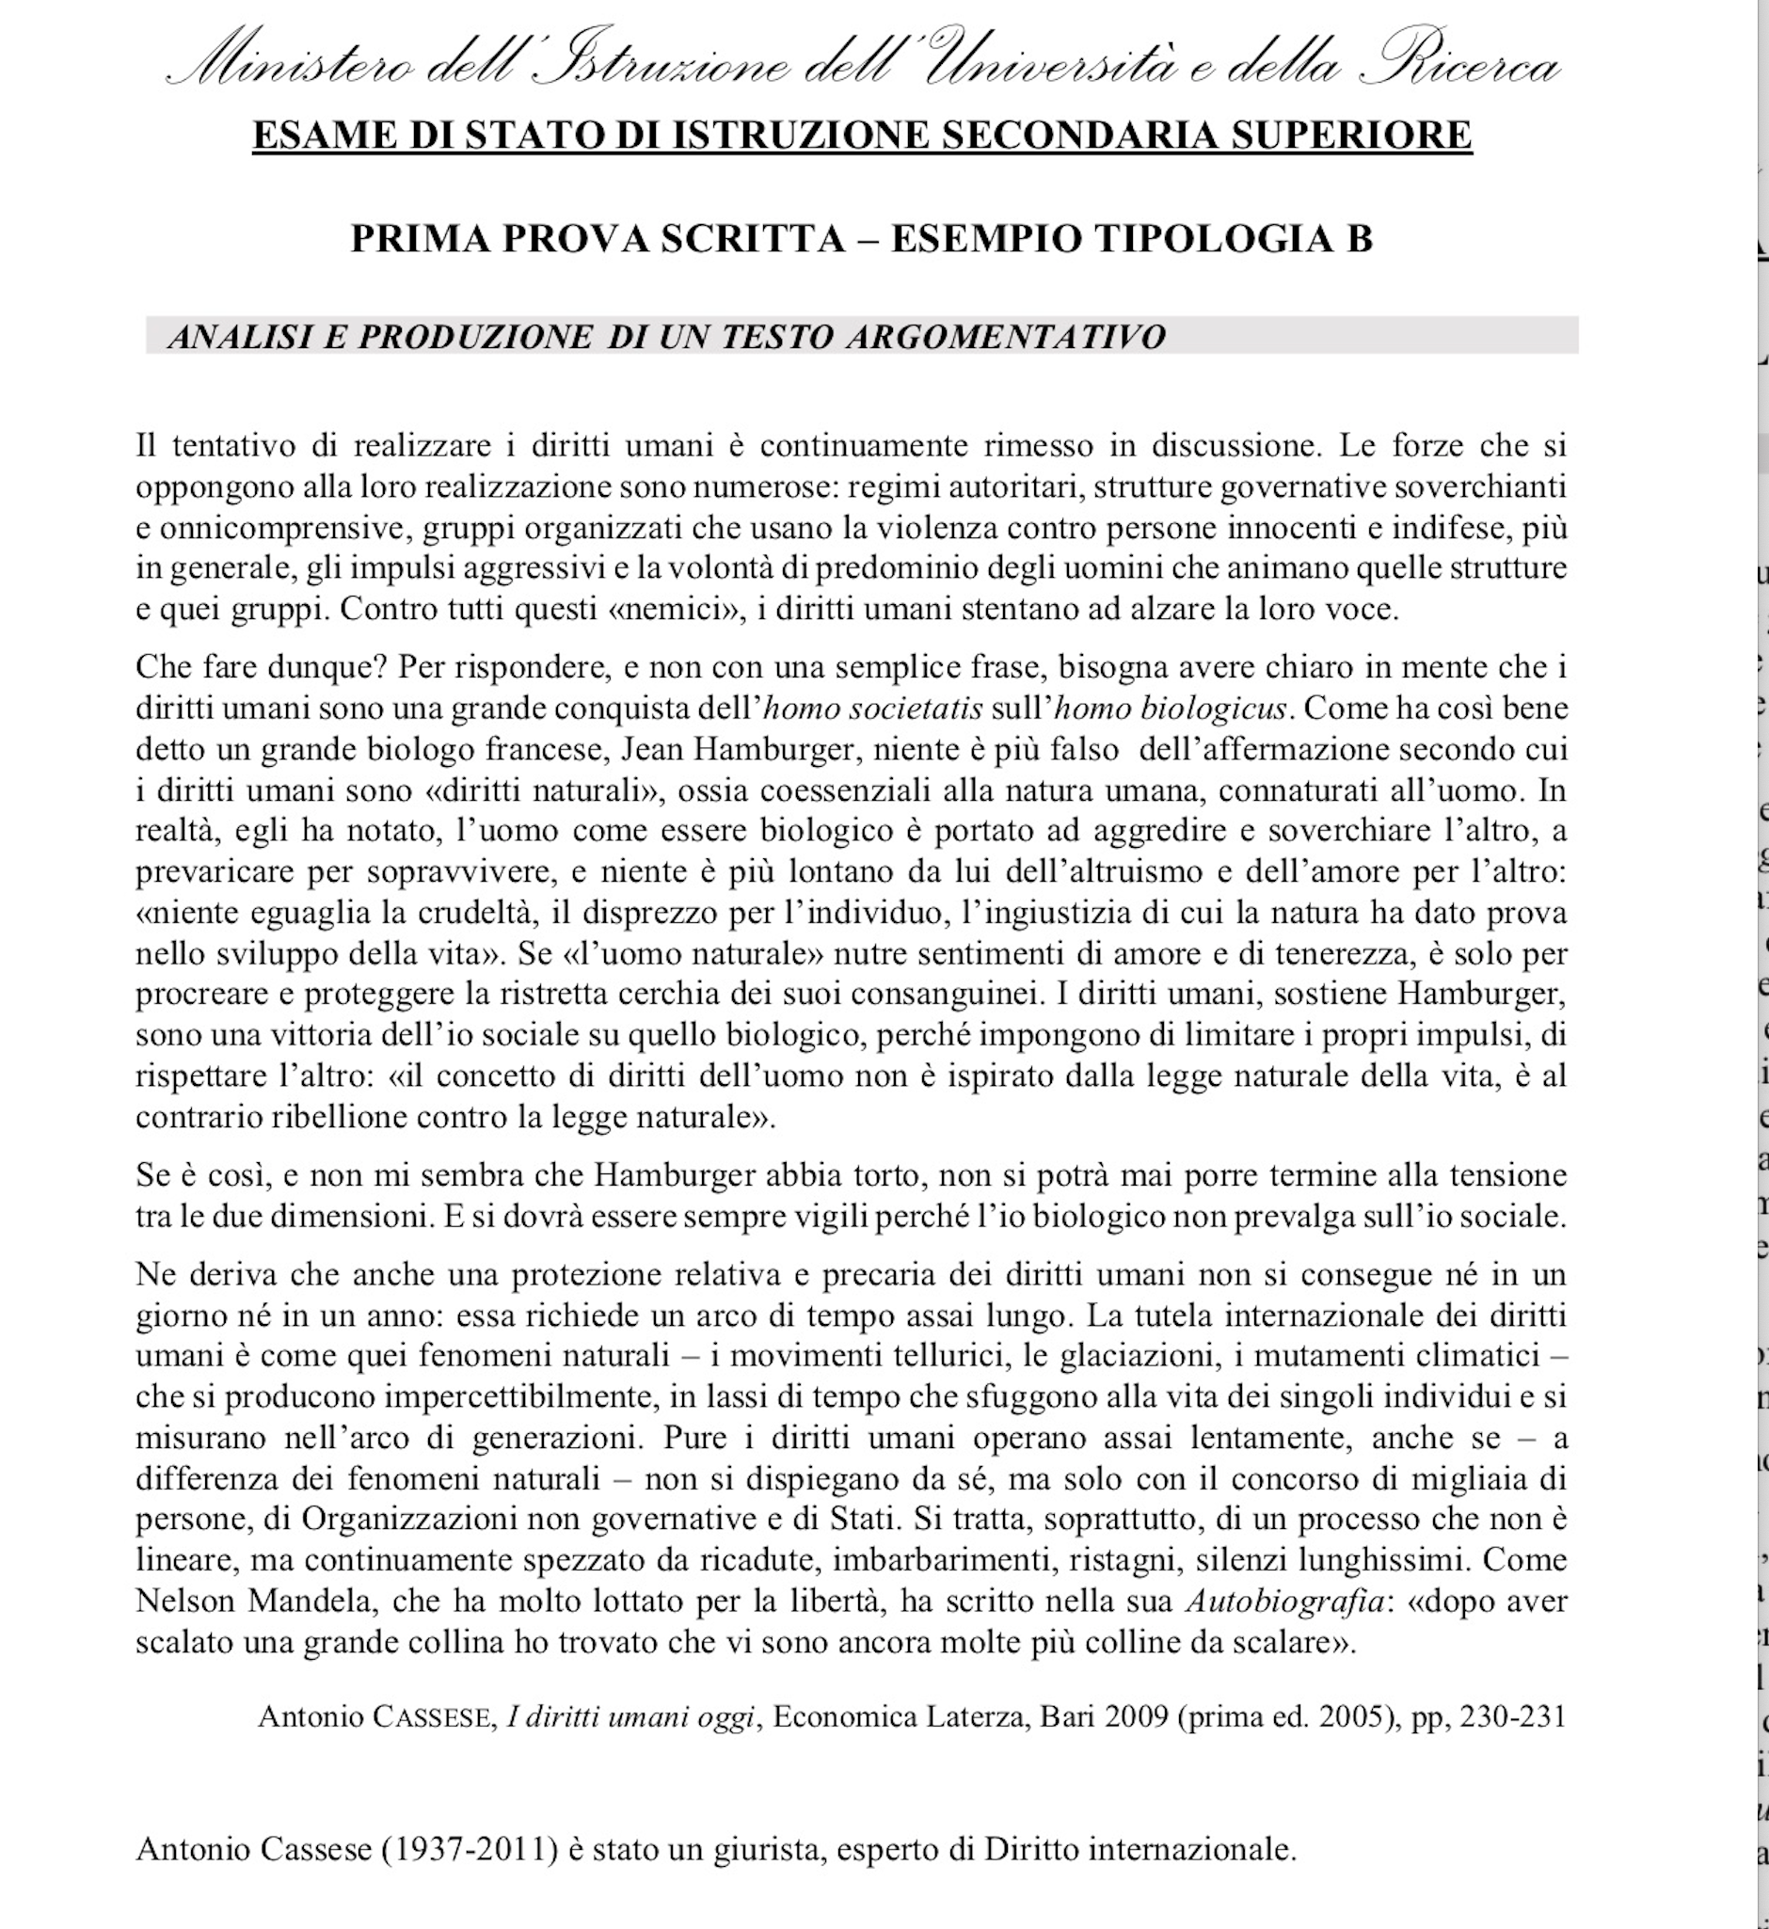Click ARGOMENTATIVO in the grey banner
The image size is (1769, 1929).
[x=1005, y=337]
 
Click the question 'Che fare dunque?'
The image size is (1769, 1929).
[x=262, y=667]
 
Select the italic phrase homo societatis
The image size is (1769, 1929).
[x=873, y=709]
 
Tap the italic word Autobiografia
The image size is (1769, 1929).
[x=1284, y=1601]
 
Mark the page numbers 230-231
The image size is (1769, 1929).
[x=1513, y=1717]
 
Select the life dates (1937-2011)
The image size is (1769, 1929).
[x=469, y=1849]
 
